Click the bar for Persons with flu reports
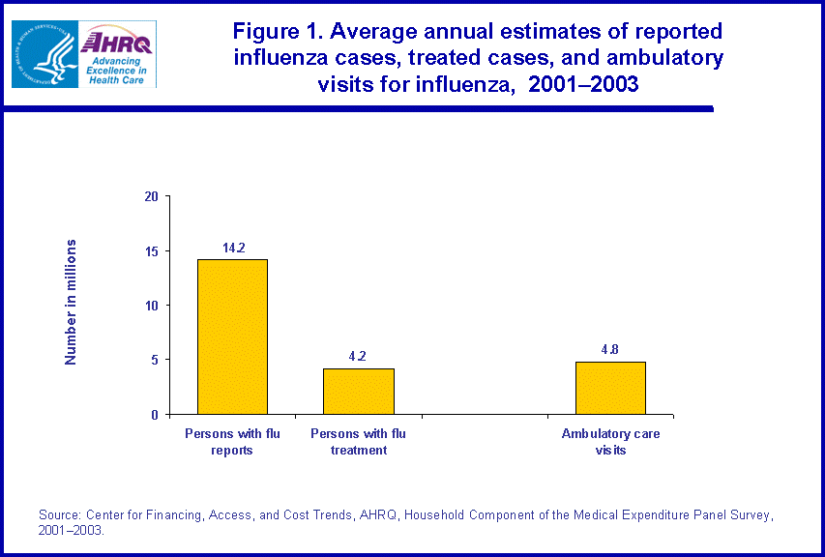coord(232,337)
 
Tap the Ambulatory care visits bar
coord(610,388)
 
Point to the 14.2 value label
coord(233,249)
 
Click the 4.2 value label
coord(359,356)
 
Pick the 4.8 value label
coord(611,350)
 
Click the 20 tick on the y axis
coord(151,196)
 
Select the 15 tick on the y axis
coord(151,251)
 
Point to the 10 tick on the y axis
coord(151,306)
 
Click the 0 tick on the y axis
coord(154,415)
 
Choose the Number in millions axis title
coord(71,301)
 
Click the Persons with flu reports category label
coord(232,442)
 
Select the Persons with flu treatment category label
coord(358,442)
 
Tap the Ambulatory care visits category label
coord(610,442)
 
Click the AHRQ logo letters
coord(117,41)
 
